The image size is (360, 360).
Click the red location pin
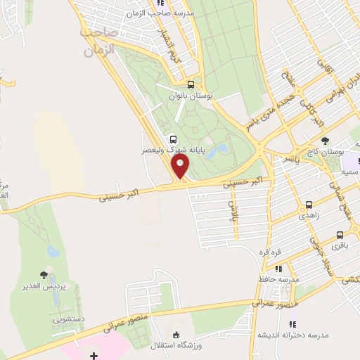(x=181, y=167)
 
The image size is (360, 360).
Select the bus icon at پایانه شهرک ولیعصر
(x=173, y=139)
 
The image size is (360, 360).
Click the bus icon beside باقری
(x=340, y=234)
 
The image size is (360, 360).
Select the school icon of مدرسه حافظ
(x=279, y=268)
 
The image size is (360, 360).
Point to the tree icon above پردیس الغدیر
(x=44, y=275)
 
